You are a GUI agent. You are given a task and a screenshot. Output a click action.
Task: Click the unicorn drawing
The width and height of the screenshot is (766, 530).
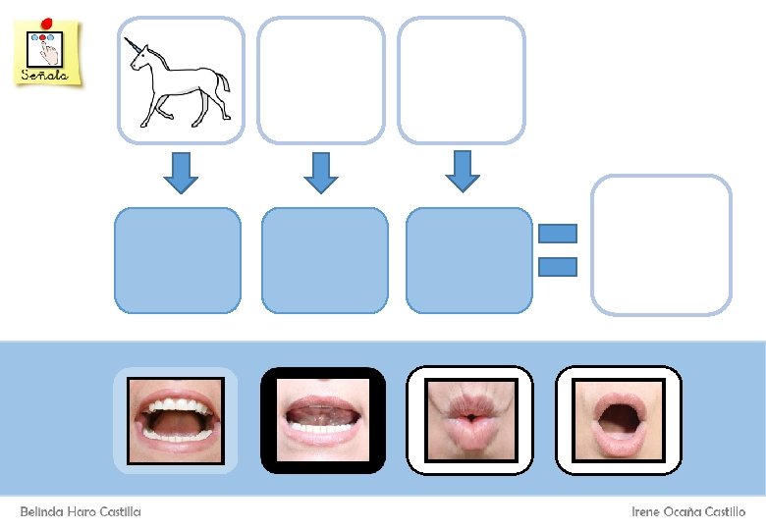(x=180, y=83)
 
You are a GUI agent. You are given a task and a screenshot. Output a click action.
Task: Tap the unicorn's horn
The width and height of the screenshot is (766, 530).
(x=131, y=44)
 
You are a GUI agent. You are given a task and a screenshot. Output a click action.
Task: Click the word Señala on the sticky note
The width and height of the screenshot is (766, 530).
(x=46, y=75)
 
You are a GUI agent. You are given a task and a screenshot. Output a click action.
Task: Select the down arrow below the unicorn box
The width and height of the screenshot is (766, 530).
(x=180, y=172)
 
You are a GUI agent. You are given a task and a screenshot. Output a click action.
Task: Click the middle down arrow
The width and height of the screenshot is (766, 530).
(x=320, y=172)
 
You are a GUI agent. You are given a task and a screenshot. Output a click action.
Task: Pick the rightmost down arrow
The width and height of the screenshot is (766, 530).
(x=462, y=171)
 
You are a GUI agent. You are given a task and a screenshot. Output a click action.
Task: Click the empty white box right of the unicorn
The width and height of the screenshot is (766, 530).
(x=320, y=80)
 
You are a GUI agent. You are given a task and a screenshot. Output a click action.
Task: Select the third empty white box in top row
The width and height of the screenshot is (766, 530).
(x=462, y=80)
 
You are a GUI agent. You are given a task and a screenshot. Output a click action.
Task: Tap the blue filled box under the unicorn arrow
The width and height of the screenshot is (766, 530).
(x=178, y=260)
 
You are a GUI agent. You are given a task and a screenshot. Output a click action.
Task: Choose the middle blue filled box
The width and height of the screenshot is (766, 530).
(x=324, y=260)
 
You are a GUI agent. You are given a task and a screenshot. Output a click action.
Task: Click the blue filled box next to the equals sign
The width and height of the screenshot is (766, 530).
(x=468, y=260)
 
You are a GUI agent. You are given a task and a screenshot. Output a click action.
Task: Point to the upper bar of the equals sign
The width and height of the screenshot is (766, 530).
(x=558, y=234)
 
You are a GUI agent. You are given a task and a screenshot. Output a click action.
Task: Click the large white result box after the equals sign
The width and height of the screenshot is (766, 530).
(x=661, y=245)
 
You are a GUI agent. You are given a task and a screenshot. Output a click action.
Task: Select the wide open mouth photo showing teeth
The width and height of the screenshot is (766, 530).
(x=176, y=421)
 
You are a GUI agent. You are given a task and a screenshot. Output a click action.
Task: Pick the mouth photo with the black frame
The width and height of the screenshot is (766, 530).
(x=323, y=421)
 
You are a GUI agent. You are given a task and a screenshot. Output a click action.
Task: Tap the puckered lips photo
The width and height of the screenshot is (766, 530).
(x=470, y=421)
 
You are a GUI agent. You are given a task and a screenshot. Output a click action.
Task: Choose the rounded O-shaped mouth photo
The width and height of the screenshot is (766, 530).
(x=619, y=421)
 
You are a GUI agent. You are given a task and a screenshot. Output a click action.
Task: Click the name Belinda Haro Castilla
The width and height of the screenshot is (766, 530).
(x=81, y=511)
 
